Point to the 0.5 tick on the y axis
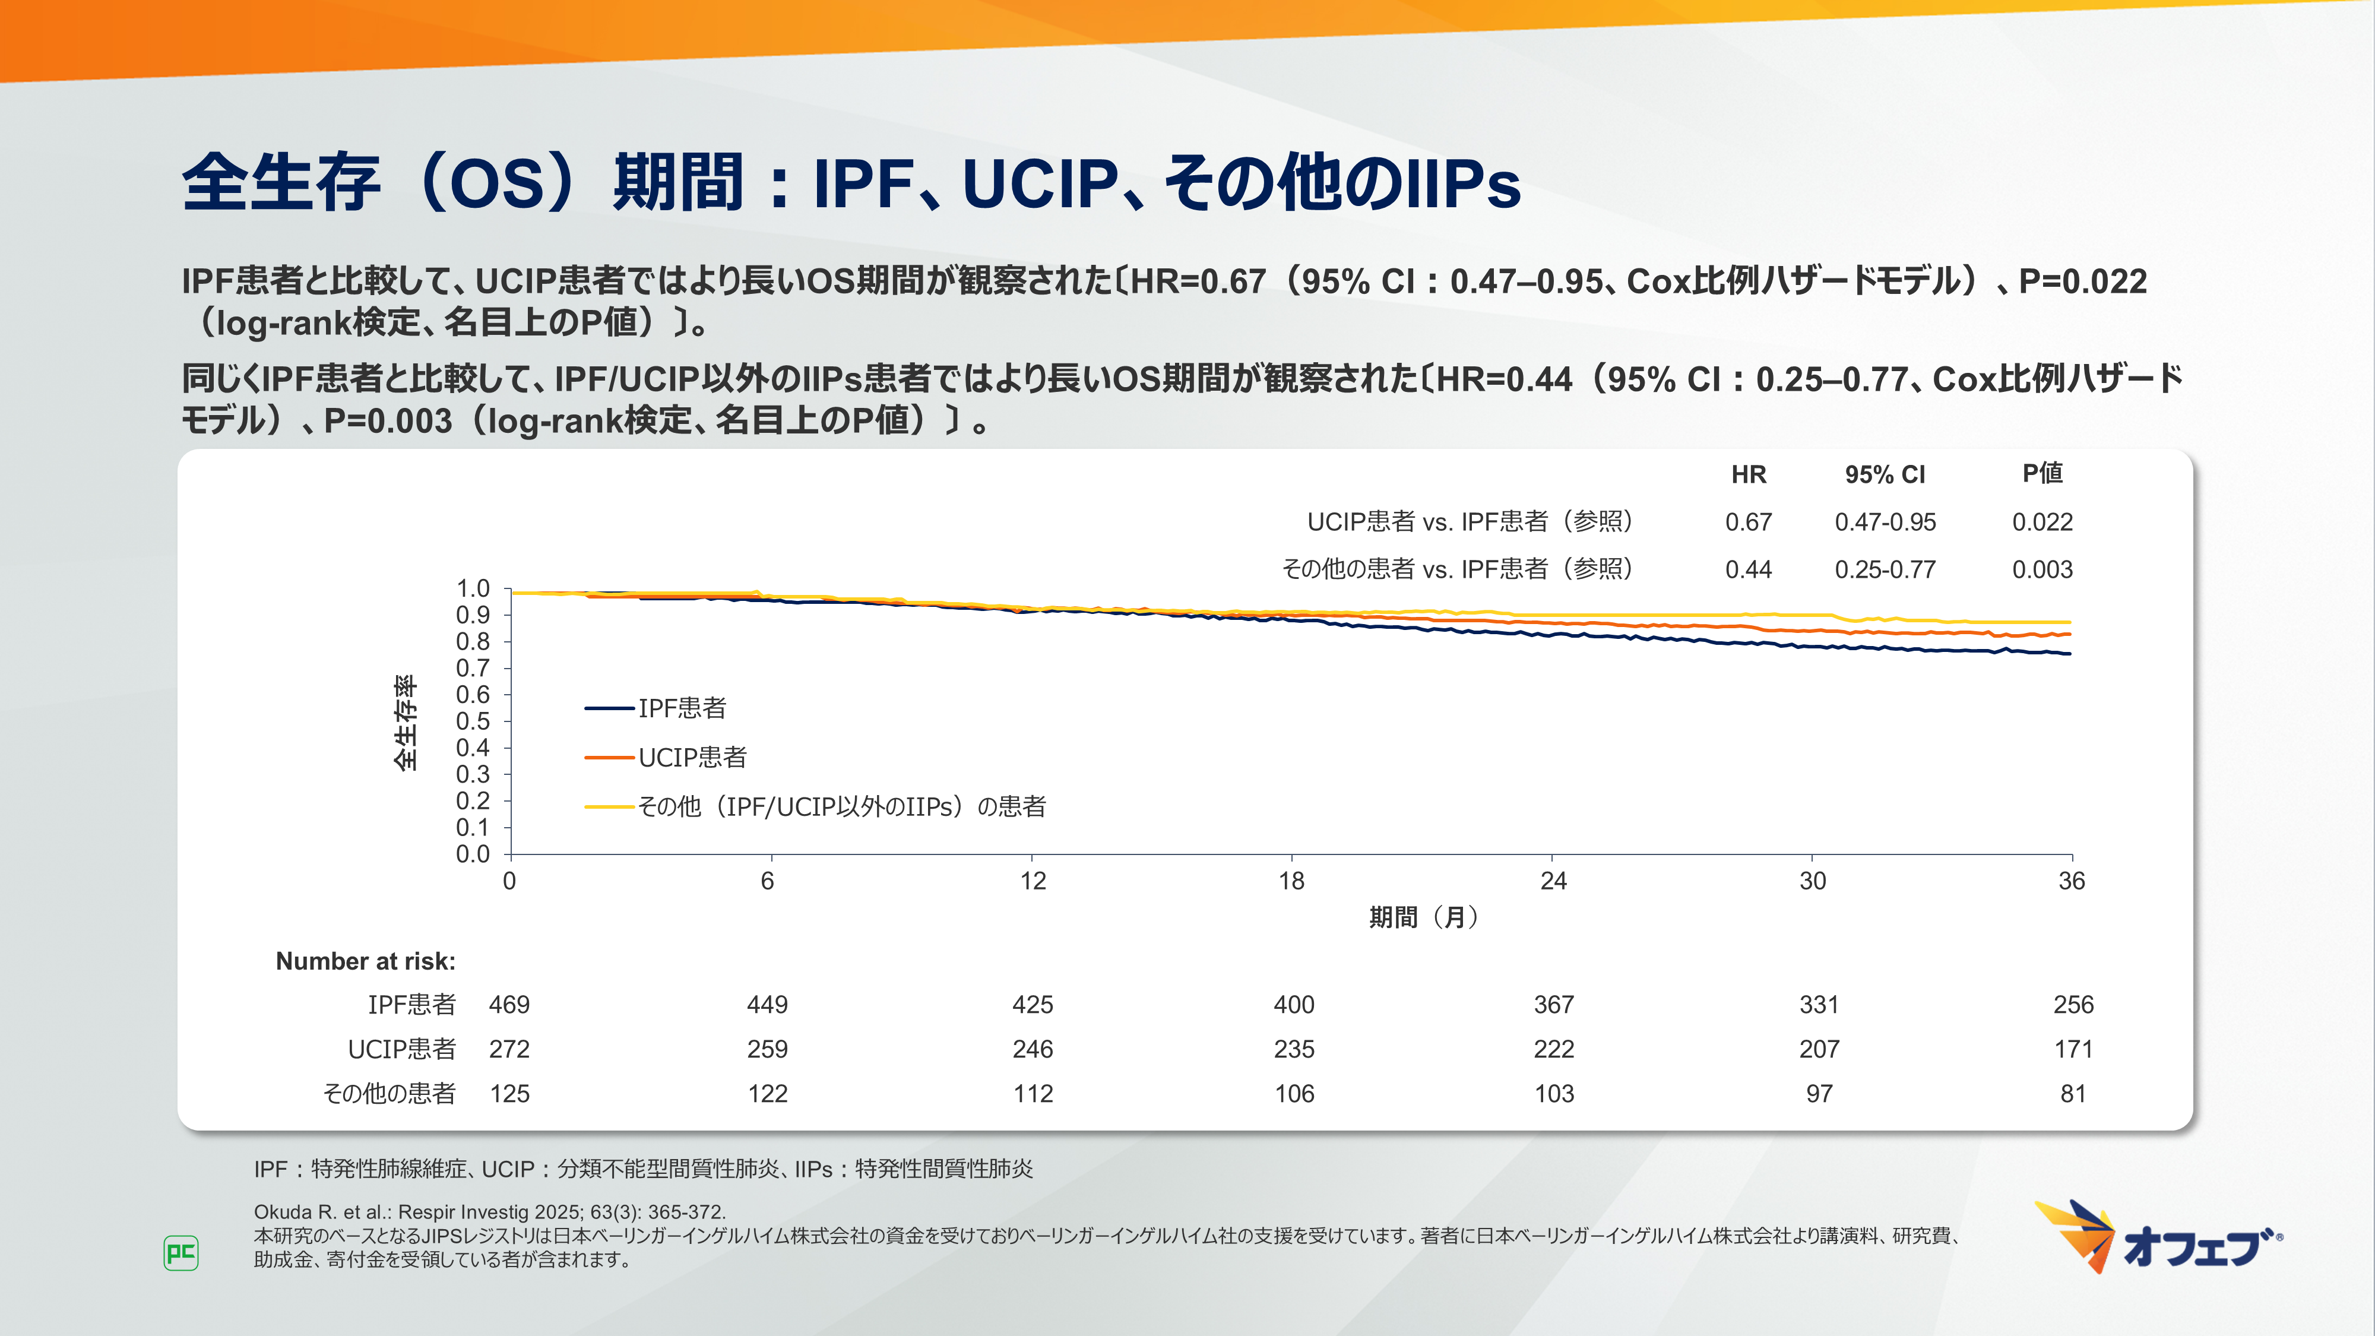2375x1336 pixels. click(473, 721)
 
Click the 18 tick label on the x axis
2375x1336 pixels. click(1291, 881)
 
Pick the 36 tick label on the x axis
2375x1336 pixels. click(2071, 881)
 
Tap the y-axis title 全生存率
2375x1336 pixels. click(406, 722)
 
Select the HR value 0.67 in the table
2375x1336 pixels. click(1748, 522)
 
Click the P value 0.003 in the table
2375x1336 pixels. click(2042, 570)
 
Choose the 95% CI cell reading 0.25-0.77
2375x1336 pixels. click(1885, 570)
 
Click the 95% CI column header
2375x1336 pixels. click(1885, 475)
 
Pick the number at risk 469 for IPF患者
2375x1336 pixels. click(509, 1005)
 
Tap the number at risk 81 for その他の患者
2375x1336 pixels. click(2073, 1094)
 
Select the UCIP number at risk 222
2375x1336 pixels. click(1553, 1049)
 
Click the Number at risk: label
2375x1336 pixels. click(365, 962)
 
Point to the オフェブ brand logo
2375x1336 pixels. click(2158, 1238)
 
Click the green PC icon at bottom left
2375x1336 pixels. click(180, 1253)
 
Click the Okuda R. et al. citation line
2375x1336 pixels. click(490, 1211)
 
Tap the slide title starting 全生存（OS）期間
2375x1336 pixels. click(850, 182)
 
